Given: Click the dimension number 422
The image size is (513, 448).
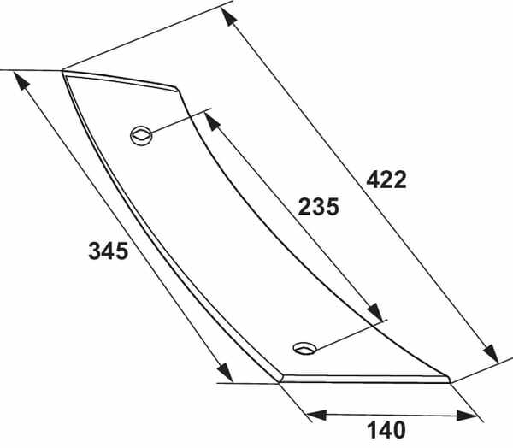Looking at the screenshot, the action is tap(386, 180).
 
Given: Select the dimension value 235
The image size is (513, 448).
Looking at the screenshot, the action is tap(318, 207).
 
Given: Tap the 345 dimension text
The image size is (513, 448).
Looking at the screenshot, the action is tap(109, 251).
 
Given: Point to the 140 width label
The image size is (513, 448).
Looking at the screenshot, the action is tap(386, 430).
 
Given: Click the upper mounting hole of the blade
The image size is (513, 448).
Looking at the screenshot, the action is tap(141, 135).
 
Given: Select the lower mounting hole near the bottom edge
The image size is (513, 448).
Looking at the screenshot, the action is tap(305, 348).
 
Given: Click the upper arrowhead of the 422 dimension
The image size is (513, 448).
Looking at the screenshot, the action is tap(228, 16).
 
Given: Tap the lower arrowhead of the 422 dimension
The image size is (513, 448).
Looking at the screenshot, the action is tap(491, 353).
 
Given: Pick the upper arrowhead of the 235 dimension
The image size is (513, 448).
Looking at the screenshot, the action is tap(212, 121).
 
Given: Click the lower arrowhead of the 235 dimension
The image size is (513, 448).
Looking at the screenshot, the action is tap(375, 312).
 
